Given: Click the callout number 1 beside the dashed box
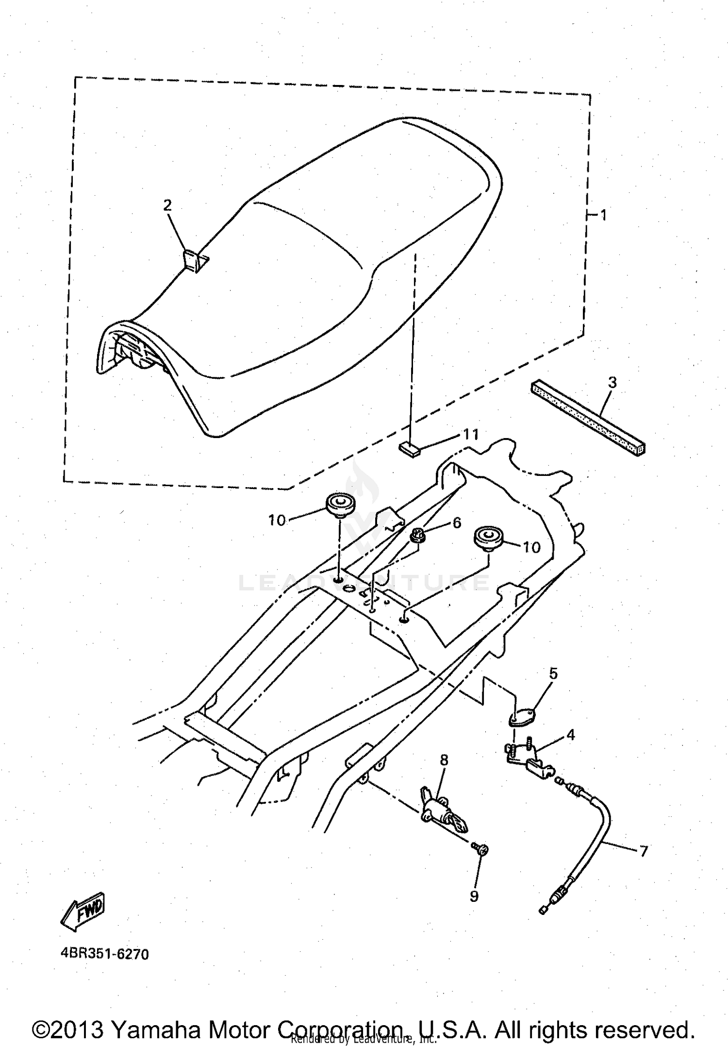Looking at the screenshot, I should (603, 215).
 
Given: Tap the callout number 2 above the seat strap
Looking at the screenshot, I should (167, 205).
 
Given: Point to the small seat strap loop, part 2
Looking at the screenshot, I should (194, 261).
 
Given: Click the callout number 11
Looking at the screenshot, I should (471, 434).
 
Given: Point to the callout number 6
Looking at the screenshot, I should (457, 523).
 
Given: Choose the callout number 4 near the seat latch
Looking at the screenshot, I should (570, 735).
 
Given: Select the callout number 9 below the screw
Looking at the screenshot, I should (474, 896).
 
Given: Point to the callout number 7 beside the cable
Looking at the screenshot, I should (643, 851).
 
